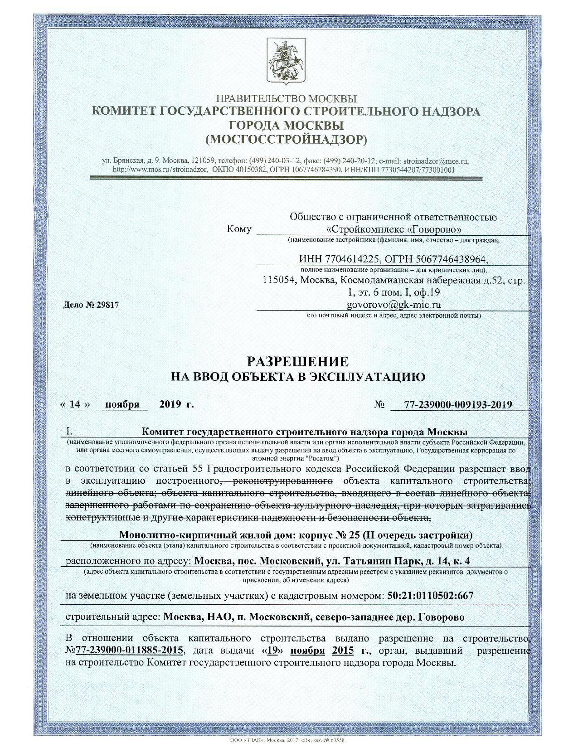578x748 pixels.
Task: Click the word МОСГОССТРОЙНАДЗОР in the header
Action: pyautogui.click(x=286, y=139)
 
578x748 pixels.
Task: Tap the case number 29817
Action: pyautogui.click(x=107, y=305)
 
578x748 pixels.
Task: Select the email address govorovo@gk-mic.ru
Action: pyautogui.click(x=393, y=304)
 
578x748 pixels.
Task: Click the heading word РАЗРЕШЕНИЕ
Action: pyautogui.click(x=297, y=361)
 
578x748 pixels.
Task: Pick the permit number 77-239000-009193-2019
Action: pyautogui.click(x=458, y=404)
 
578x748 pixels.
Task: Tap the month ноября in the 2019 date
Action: pyautogui.click(x=122, y=404)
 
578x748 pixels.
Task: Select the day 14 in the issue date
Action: pyautogui.click(x=75, y=404)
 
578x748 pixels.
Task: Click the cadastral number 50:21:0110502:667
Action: pyautogui.click(x=430, y=595)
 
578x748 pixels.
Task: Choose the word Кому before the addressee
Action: pyautogui.click(x=239, y=229)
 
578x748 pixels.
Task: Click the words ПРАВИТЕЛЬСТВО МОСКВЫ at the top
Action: pyautogui.click(x=286, y=98)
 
